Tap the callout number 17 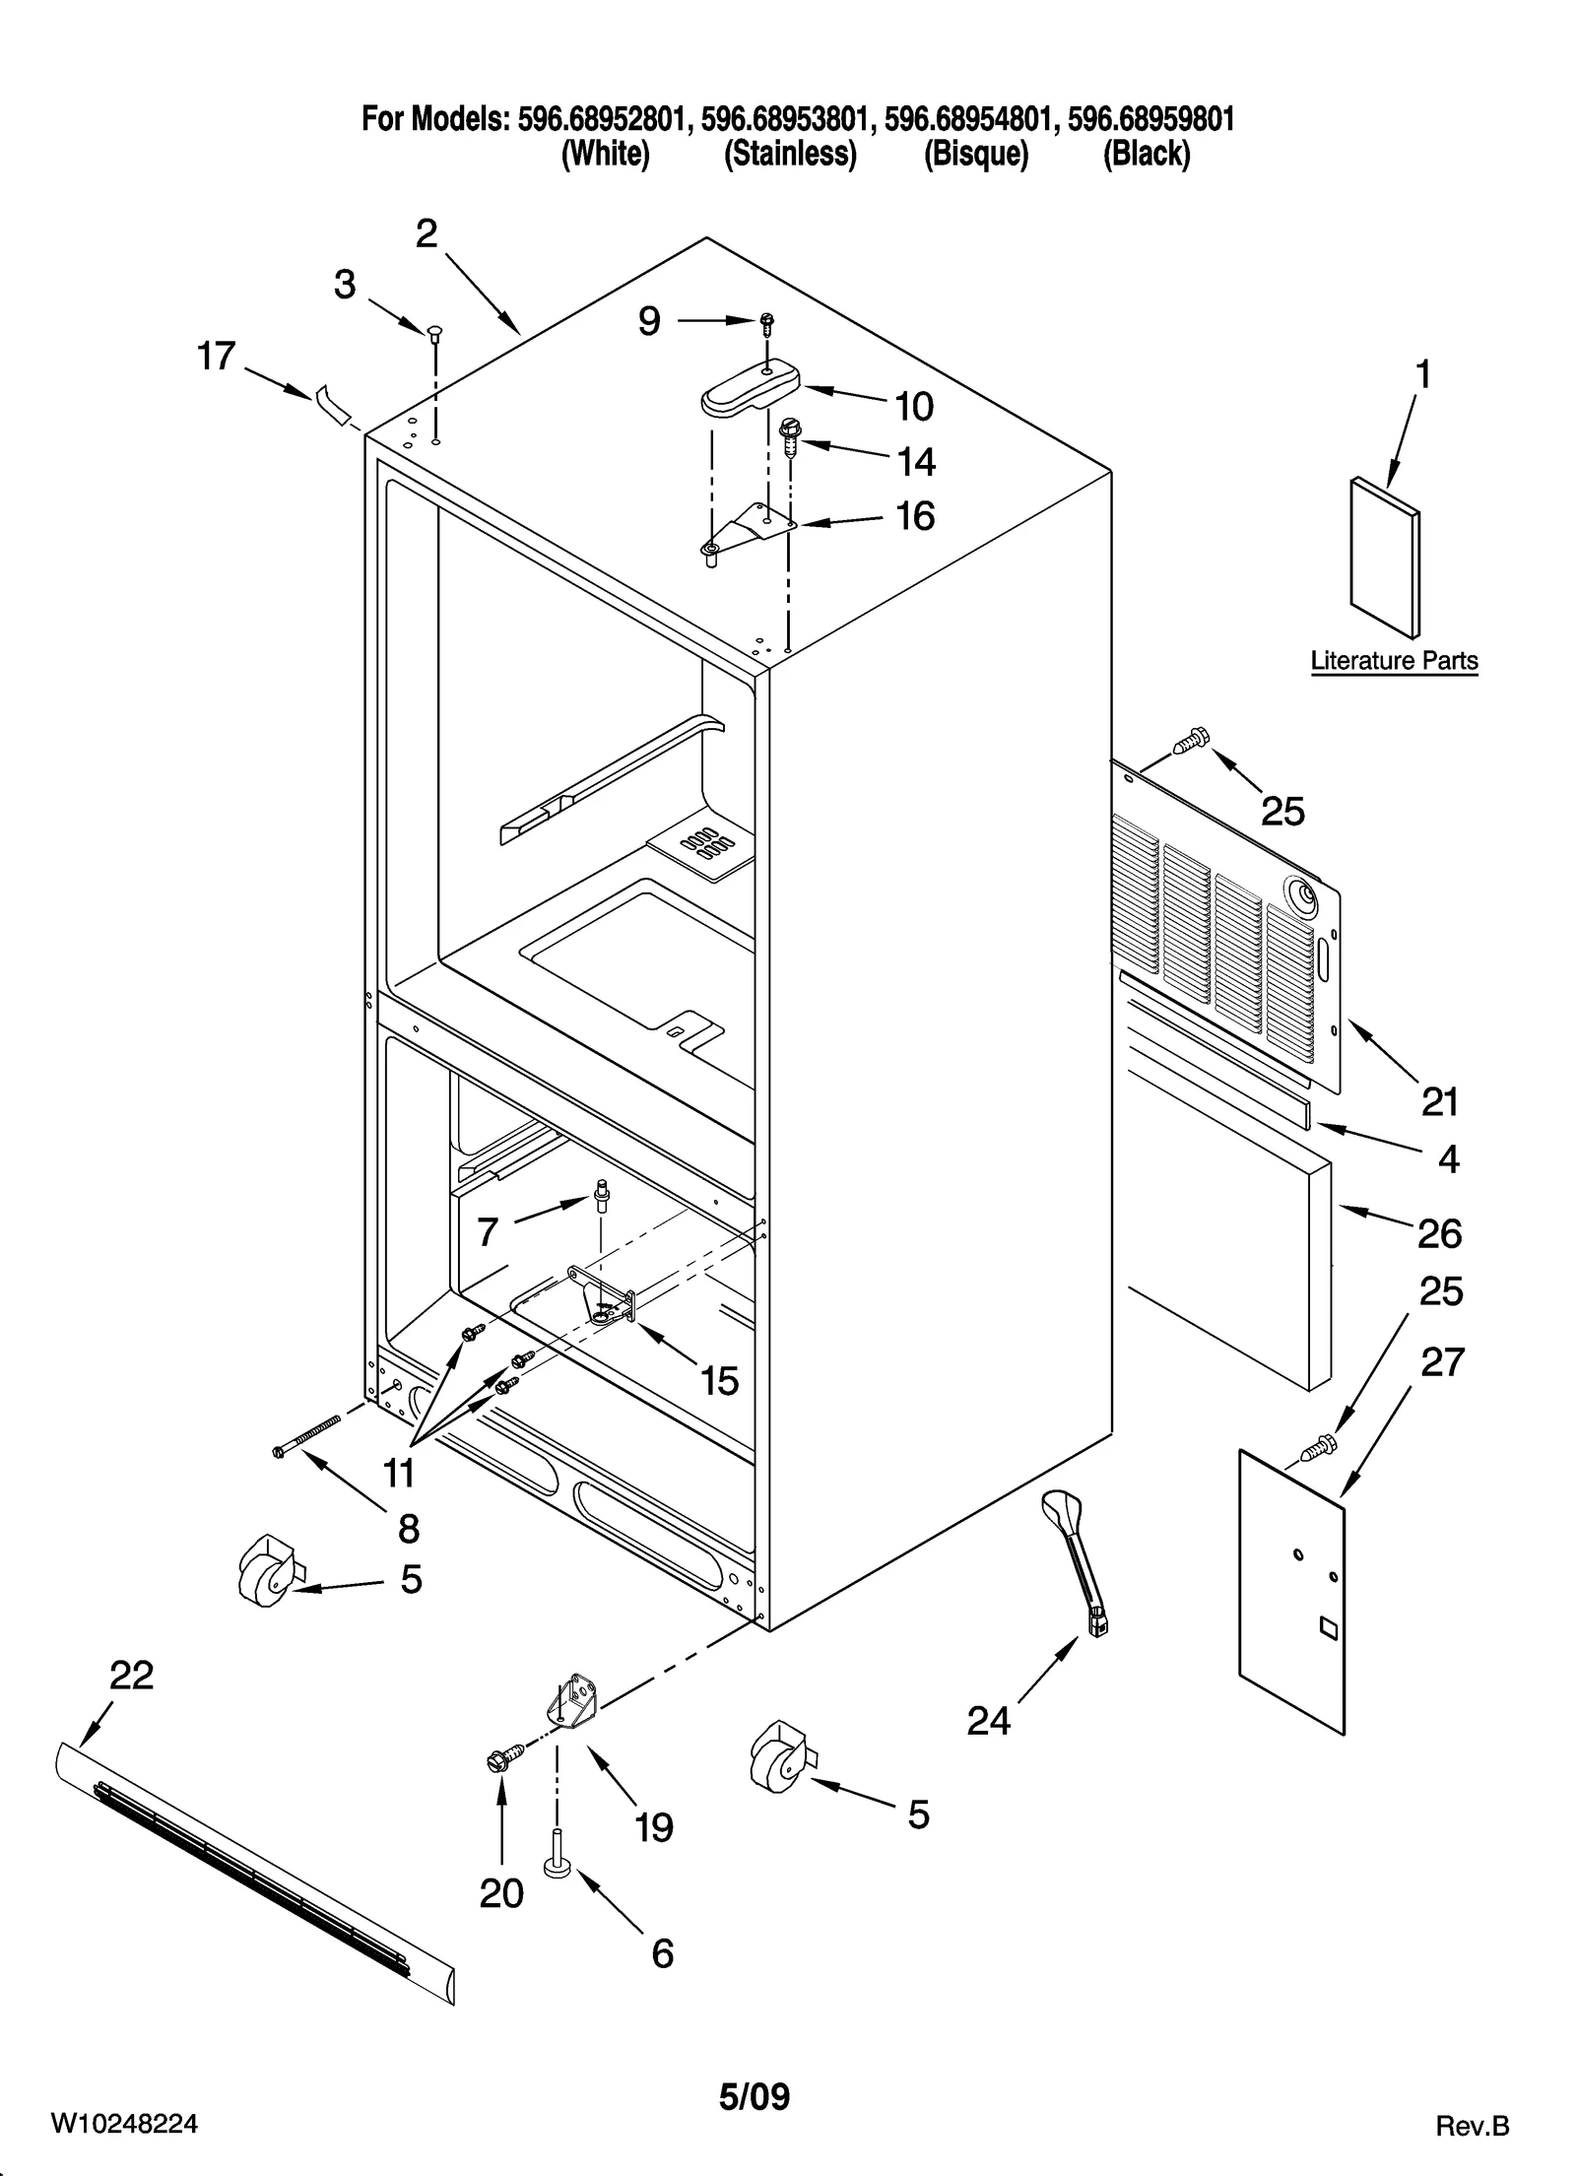pos(217,356)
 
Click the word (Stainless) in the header pos(790,155)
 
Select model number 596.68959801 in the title pos(1149,119)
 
